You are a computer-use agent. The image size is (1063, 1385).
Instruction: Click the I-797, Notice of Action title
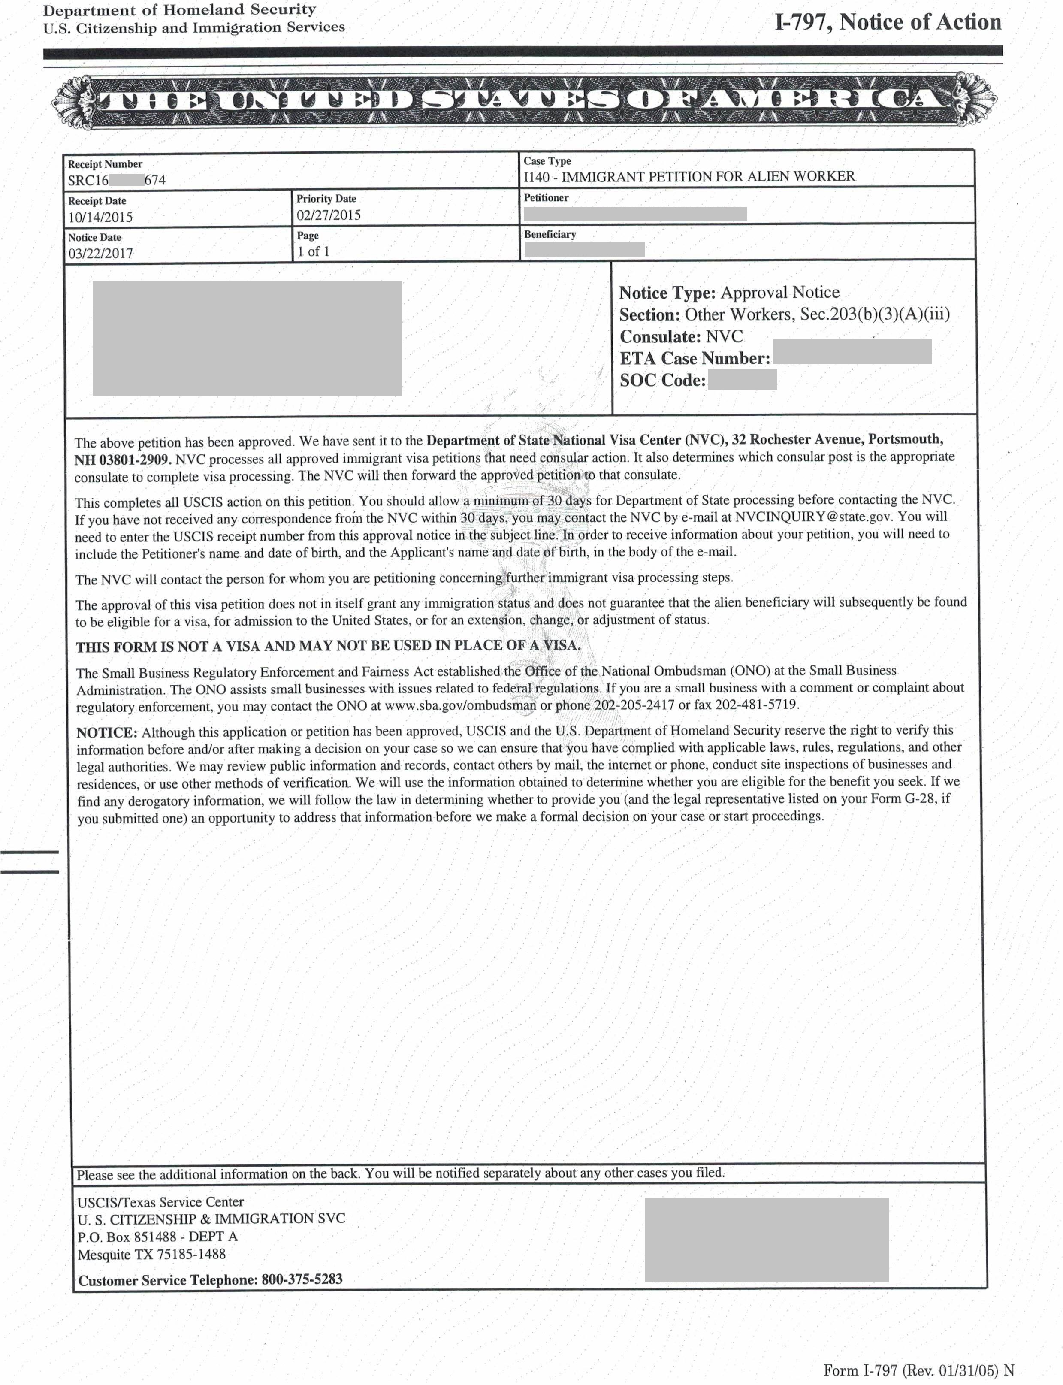point(888,23)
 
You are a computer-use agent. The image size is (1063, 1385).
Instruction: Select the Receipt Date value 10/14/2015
point(101,217)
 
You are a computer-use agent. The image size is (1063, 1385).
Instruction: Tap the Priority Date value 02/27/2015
point(329,215)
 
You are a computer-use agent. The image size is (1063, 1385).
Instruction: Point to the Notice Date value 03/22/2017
point(101,253)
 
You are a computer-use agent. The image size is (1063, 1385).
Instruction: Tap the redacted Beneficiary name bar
point(585,249)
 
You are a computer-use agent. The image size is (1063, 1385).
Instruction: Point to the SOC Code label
point(662,380)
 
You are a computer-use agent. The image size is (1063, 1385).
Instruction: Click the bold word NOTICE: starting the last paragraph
point(106,733)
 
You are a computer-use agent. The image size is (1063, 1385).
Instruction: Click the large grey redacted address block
point(247,338)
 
